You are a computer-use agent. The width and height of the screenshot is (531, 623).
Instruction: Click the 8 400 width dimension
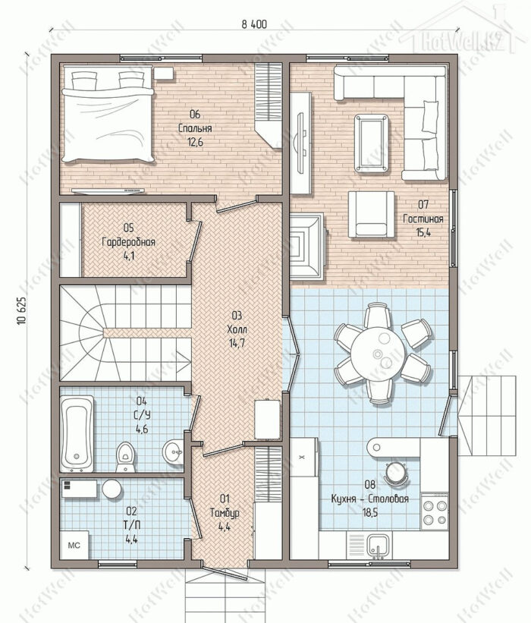pos(254,24)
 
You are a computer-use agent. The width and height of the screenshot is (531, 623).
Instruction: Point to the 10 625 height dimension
pos(22,311)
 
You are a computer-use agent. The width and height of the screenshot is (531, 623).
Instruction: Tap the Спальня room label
pos(195,128)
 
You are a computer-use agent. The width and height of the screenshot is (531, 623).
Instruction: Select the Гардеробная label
pos(128,242)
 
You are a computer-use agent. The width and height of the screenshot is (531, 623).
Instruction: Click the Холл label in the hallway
pos(237,329)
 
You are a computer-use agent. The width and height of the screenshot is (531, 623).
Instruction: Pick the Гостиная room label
pos(423,219)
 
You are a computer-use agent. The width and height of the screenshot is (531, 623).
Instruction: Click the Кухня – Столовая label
pos(369,499)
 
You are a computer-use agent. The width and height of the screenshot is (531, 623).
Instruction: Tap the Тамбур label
pos(225,513)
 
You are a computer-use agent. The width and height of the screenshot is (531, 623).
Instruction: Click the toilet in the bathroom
pos(125,457)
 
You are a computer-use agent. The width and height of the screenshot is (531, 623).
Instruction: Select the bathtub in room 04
pos(77,433)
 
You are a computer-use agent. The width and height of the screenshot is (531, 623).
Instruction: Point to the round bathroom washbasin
pos(173,452)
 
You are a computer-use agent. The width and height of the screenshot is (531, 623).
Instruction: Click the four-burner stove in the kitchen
pos(435,511)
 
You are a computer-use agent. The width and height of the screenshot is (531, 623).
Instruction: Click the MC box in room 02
pos(74,545)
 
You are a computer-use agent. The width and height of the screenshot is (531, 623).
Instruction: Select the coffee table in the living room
pos(372,144)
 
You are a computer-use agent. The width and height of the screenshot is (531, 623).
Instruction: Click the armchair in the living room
pos(372,215)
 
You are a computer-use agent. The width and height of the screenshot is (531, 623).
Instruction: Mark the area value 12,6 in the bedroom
pos(195,142)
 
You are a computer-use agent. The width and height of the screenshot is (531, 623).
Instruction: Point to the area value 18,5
pos(369,512)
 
